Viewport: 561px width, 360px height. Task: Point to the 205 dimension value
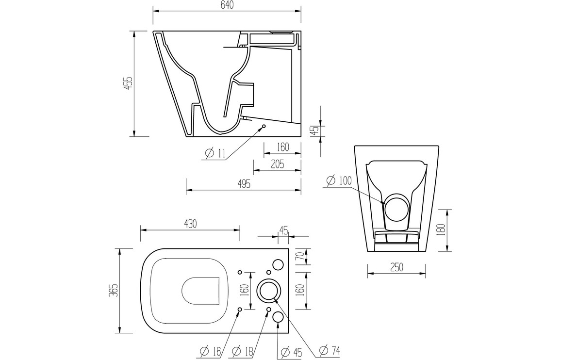(x=277, y=164)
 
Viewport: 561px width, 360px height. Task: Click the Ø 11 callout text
(x=215, y=153)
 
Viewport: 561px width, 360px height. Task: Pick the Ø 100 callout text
(x=339, y=180)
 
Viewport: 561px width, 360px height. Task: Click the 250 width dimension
(x=396, y=267)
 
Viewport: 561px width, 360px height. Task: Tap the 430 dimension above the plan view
(x=190, y=224)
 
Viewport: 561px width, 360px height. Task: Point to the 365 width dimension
(x=114, y=291)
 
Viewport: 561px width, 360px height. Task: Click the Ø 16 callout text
(x=211, y=352)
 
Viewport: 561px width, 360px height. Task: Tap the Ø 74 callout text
(x=329, y=350)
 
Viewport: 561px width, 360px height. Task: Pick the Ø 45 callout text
(x=291, y=352)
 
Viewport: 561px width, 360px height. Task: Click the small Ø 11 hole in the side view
(x=264, y=126)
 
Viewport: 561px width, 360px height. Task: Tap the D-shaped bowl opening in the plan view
(x=201, y=291)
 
